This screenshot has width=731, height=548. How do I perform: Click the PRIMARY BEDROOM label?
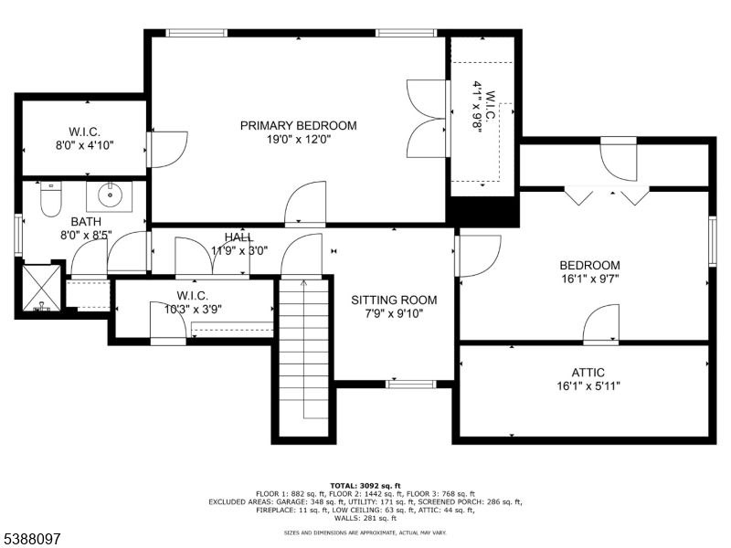tap(298, 125)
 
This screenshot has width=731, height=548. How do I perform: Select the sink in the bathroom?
tap(110, 195)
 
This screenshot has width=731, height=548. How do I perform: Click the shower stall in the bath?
tap(41, 288)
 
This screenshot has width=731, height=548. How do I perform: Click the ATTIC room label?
tap(589, 373)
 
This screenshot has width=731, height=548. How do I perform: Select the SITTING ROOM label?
tap(395, 300)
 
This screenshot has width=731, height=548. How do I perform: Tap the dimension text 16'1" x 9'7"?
tap(589, 280)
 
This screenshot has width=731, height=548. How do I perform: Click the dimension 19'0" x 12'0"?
tap(298, 140)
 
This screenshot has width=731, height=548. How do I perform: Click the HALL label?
tap(239, 238)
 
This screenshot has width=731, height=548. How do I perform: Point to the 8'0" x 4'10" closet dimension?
tap(84, 144)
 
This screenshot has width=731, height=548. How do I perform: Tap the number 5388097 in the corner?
tap(32, 539)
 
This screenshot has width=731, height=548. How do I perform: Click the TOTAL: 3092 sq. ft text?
tap(365, 485)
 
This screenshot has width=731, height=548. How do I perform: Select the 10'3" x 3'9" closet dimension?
tap(193, 309)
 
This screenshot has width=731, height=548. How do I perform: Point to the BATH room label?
tap(86, 221)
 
